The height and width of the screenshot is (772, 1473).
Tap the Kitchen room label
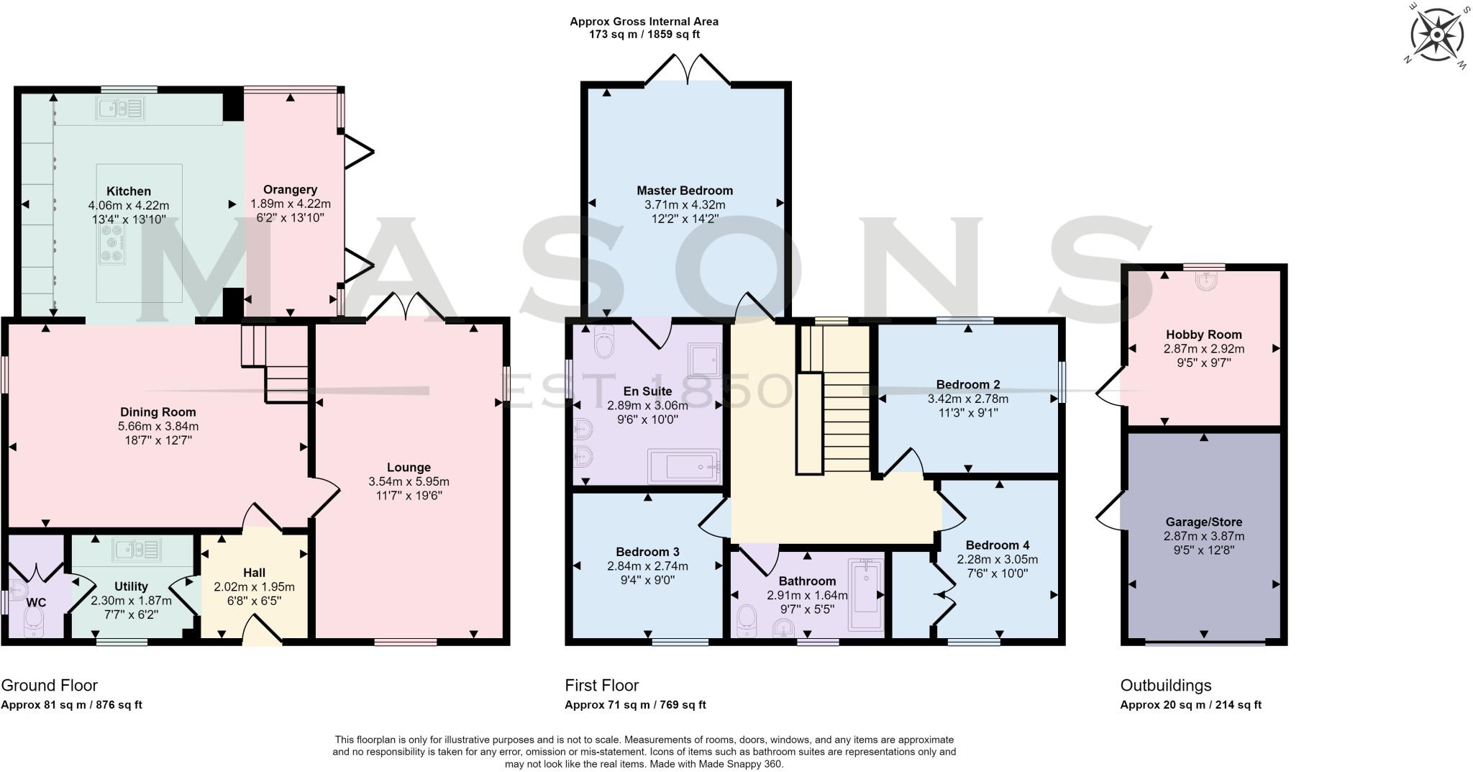click(x=129, y=191)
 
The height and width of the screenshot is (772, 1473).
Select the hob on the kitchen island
click(x=112, y=245)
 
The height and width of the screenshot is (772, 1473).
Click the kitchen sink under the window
click(x=121, y=109)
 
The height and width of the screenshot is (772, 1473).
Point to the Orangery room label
click(x=290, y=190)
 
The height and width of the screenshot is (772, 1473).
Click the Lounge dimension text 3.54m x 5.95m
click(x=409, y=481)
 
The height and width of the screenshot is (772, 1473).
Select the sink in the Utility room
click(x=137, y=550)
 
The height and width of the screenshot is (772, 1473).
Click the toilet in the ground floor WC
click(x=33, y=623)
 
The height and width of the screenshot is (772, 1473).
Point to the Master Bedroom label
click(x=685, y=191)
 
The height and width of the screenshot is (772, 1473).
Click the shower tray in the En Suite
click(x=705, y=359)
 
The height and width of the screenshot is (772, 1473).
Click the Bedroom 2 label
click(x=968, y=384)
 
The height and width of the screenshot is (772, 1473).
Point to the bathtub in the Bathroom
click(x=866, y=594)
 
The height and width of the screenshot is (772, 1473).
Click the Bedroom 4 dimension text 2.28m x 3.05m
click(x=997, y=559)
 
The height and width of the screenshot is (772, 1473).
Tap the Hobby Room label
click(x=1203, y=335)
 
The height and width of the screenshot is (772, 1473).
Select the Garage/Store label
click(x=1203, y=522)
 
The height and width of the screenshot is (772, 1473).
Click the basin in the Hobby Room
click(x=1205, y=281)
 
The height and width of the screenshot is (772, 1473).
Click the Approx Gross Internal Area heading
click(x=644, y=22)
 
